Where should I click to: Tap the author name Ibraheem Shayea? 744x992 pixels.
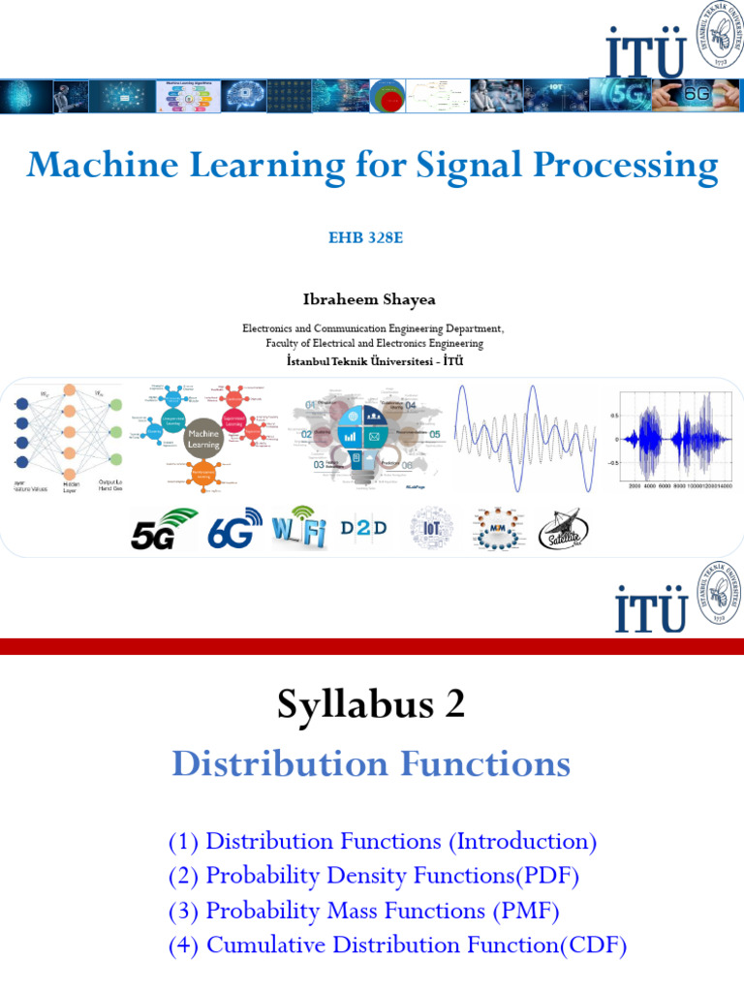(x=372, y=299)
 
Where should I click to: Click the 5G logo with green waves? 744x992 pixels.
(x=164, y=529)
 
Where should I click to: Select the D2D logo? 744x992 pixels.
(x=363, y=529)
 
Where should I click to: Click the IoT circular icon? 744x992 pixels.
(x=430, y=529)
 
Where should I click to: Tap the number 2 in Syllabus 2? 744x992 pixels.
(x=454, y=705)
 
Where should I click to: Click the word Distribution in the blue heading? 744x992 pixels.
(x=266, y=764)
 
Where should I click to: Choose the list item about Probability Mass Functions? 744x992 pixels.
(x=363, y=911)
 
